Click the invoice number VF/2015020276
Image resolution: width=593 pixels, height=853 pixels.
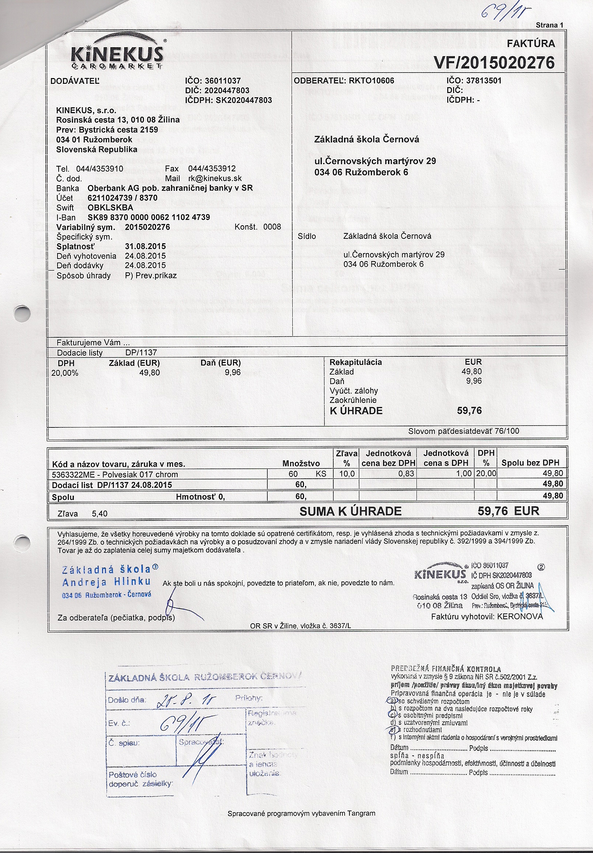(494, 63)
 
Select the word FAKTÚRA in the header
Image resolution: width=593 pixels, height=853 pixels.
(531, 44)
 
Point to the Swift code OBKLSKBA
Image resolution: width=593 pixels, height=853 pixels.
(110, 207)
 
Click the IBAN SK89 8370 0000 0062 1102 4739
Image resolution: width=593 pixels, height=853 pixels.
(149, 217)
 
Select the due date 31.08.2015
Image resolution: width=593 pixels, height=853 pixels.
(145, 246)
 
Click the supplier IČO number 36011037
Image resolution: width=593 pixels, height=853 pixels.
(223, 81)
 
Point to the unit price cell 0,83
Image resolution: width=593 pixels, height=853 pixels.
(406, 474)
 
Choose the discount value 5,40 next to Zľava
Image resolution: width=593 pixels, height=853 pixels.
(100, 513)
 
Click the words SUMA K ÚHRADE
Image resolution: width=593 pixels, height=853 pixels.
(351, 512)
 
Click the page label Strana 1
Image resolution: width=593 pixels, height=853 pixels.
(549, 25)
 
